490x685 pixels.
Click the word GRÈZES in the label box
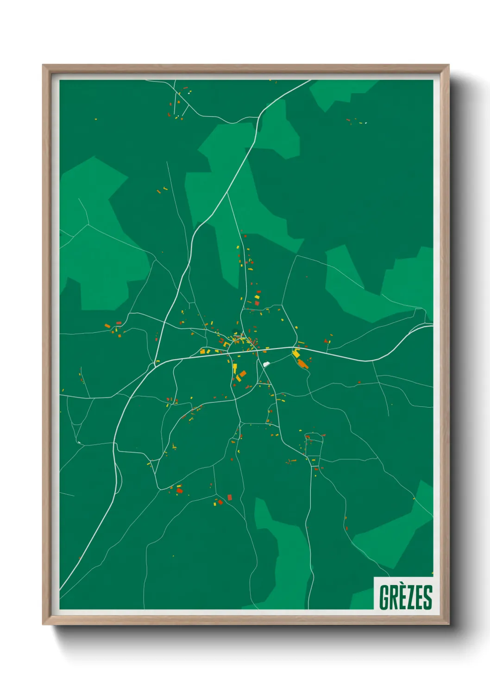(x=405, y=597)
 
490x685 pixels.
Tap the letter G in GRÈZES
(x=384, y=597)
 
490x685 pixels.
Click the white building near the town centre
(x=266, y=364)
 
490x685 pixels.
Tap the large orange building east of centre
(x=302, y=364)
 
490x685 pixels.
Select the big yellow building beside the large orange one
(x=296, y=354)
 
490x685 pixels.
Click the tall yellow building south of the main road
(x=235, y=368)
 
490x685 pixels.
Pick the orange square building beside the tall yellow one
(x=243, y=373)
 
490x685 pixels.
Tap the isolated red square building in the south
(x=229, y=498)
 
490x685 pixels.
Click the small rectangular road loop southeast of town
(x=314, y=438)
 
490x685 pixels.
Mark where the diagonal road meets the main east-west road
(x=156, y=362)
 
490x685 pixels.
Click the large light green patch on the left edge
(x=100, y=241)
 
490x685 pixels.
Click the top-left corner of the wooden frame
(x=44, y=66)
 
